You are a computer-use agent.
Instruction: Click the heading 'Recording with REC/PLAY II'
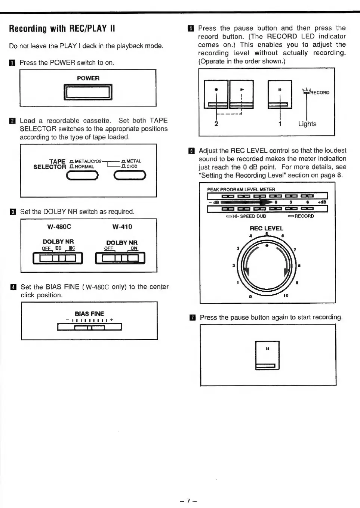(62, 28)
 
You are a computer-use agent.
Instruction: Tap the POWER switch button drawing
(88, 92)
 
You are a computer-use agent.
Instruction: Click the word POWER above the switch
(88, 78)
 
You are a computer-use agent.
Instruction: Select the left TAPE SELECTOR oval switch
(82, 176)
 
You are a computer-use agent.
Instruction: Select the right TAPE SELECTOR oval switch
(130, 176)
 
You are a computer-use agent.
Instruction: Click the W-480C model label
(59, 227)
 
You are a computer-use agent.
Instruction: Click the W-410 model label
(122, 227)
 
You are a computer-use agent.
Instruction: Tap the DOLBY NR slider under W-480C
(58, 258)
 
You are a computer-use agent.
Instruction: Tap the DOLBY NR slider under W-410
(120, 258)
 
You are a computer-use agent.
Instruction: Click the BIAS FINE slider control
(90, 328)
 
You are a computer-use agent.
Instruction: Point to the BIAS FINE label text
(89, 314)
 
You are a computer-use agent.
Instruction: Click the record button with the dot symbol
(216, 95)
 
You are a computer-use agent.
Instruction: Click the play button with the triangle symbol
(241, 95)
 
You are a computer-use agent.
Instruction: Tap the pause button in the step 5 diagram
(280, 95)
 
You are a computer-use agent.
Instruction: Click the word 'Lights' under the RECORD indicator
(307, 124)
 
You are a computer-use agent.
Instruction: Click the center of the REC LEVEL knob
(266, 264)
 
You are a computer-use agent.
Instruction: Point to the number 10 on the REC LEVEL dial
(286, 295)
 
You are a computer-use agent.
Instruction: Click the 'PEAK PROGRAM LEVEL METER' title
(241, 189)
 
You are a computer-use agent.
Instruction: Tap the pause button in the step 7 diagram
(267, 355)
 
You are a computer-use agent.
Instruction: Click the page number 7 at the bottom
(188, 501)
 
